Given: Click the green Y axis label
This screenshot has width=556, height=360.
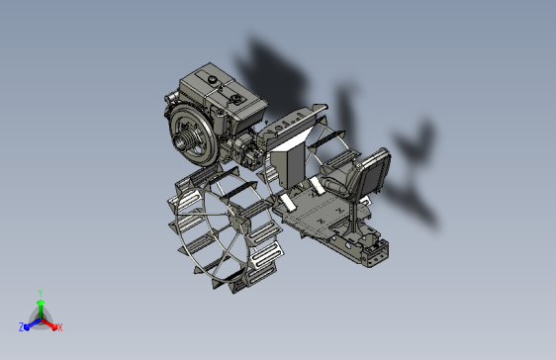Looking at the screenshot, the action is [41, 293].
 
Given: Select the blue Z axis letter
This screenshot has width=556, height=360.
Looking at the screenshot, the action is [22, 327].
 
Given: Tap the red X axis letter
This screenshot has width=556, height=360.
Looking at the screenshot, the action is [60, 327].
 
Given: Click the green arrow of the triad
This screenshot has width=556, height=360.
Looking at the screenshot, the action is [41, 310].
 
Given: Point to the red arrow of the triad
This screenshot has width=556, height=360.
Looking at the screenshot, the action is [48, 323].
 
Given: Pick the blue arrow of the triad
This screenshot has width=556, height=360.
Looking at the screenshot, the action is [33, 324].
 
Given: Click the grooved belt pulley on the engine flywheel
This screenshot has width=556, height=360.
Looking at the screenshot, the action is [183, 139].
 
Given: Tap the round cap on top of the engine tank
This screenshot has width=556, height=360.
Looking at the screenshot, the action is [213, 80].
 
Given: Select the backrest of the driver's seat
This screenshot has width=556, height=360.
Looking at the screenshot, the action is [373, 173].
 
